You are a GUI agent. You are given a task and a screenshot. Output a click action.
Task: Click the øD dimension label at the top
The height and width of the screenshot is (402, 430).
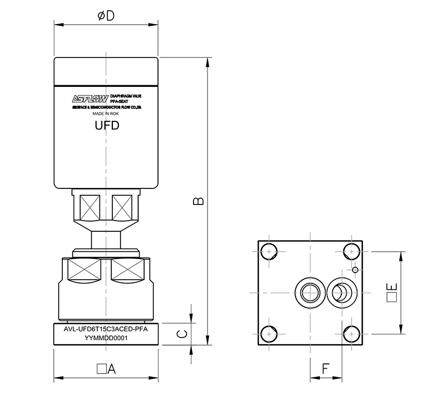(x=106, y=16)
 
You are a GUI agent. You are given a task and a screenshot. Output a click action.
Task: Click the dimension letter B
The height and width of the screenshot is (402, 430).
(x=198, y=200)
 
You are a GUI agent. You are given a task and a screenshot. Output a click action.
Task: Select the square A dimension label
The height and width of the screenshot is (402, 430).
(x=106, y=369)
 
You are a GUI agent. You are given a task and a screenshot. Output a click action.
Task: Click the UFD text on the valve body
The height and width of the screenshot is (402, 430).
(x=106, y=126)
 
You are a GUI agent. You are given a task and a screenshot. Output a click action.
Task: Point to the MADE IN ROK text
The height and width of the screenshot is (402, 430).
(x=105, y=114)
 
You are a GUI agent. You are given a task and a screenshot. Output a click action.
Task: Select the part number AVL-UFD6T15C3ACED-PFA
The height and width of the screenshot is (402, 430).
(x=106, y=330)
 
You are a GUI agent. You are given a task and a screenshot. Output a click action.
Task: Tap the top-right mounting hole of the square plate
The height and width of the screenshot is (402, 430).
(x=351, y=252)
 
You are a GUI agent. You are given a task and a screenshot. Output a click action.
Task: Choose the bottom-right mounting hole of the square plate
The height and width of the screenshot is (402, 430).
(x=351, y=332)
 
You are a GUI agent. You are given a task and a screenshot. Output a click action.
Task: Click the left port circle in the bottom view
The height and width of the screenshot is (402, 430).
(x=310, y=293)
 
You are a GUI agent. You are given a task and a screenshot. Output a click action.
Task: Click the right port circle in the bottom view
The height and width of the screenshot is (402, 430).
(x=341, y=293)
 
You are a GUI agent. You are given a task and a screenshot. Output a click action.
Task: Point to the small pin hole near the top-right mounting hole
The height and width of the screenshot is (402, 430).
(x=355, y=269)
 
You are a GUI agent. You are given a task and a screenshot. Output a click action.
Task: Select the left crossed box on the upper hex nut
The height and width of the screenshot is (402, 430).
(x=89, y=206)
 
